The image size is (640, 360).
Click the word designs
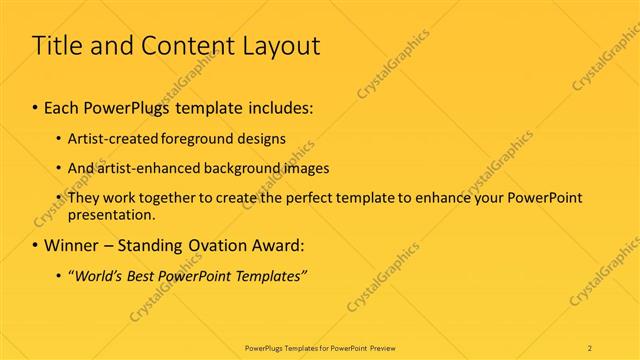click(265, 139)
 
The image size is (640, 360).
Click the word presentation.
click(112, 214)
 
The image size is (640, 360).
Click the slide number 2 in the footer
click(589, 347)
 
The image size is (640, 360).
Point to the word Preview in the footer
click(406, 347)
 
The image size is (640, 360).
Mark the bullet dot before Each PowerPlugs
click(36, 107)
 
